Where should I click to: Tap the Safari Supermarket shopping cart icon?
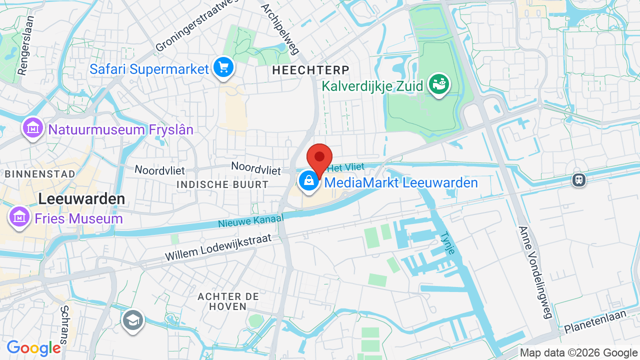click(x=223, y=67)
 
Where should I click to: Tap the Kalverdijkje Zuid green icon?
click(x=439, y=85)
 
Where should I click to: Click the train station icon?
click(x=579, y=179)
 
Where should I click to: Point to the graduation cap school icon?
click(x=132, y=320)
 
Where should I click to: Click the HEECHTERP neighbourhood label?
click(x=310, y=70)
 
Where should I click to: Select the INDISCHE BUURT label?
click(x=222, y=184)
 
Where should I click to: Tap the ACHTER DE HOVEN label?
click(x=228, y=301)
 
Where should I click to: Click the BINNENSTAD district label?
click(x=40, y=174)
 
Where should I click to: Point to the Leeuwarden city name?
click(x=81, y=199)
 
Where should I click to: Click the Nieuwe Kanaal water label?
click(x=250, y=221)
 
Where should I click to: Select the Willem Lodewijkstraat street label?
click(x=218, y=248)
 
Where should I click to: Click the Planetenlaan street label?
click(x=595, y=322)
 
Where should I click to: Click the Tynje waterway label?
click(x=447, y=242)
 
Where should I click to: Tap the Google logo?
click(x=33, y=348)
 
